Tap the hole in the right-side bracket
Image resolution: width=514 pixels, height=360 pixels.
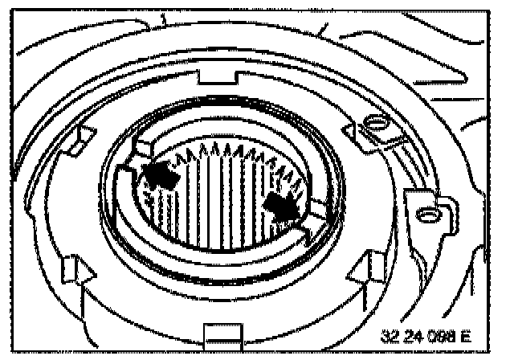tap(427, 215)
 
